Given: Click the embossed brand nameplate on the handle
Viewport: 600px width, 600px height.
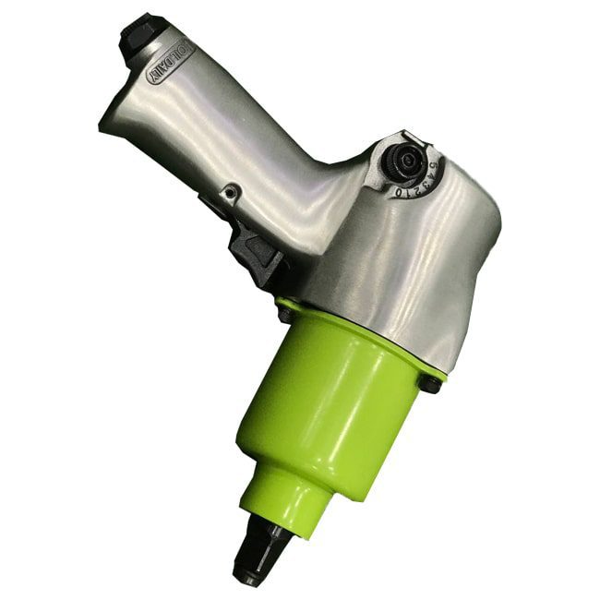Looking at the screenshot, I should coord(168,64).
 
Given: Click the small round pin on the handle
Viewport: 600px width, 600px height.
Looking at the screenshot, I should coord(232,191).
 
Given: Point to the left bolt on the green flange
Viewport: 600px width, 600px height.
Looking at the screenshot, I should coord(285,314).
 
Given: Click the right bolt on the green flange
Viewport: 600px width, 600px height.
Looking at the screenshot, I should coord(429,383).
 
